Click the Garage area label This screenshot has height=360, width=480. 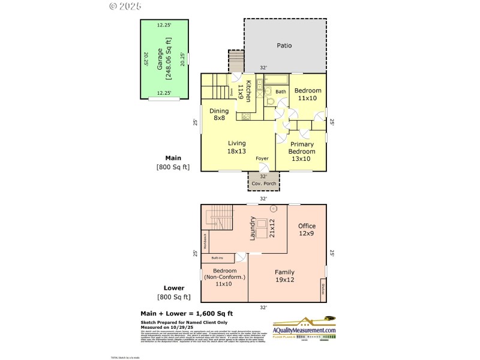pyautogui.click(x=164, y=59)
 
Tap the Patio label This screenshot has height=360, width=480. pyautogui.click(x=284, y=45)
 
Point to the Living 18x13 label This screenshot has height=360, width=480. pyautogui.click(x=236, y=147)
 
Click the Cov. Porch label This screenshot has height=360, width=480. pyautogui.click(x=263, y=182)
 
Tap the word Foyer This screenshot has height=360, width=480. pyautogui.click(x=262, y=158)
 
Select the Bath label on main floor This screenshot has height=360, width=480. pyautogui.click(x=280, y=92)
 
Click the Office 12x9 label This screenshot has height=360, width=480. pyautogui.click(x=307, y=229)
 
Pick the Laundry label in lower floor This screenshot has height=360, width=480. pyautogui.click(x=253, y=229)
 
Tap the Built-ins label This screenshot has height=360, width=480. pyautogui.click(x=217, y=258)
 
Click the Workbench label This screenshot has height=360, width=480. pyautogui.click(x=205, y=241)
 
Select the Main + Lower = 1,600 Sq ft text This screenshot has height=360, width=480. pyautogui.click(x=187, y=313)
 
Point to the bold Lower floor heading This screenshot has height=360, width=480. pyautogui.click(x=174, y=288)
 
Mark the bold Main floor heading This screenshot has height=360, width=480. pyautogui.click(x=173, y=158)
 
